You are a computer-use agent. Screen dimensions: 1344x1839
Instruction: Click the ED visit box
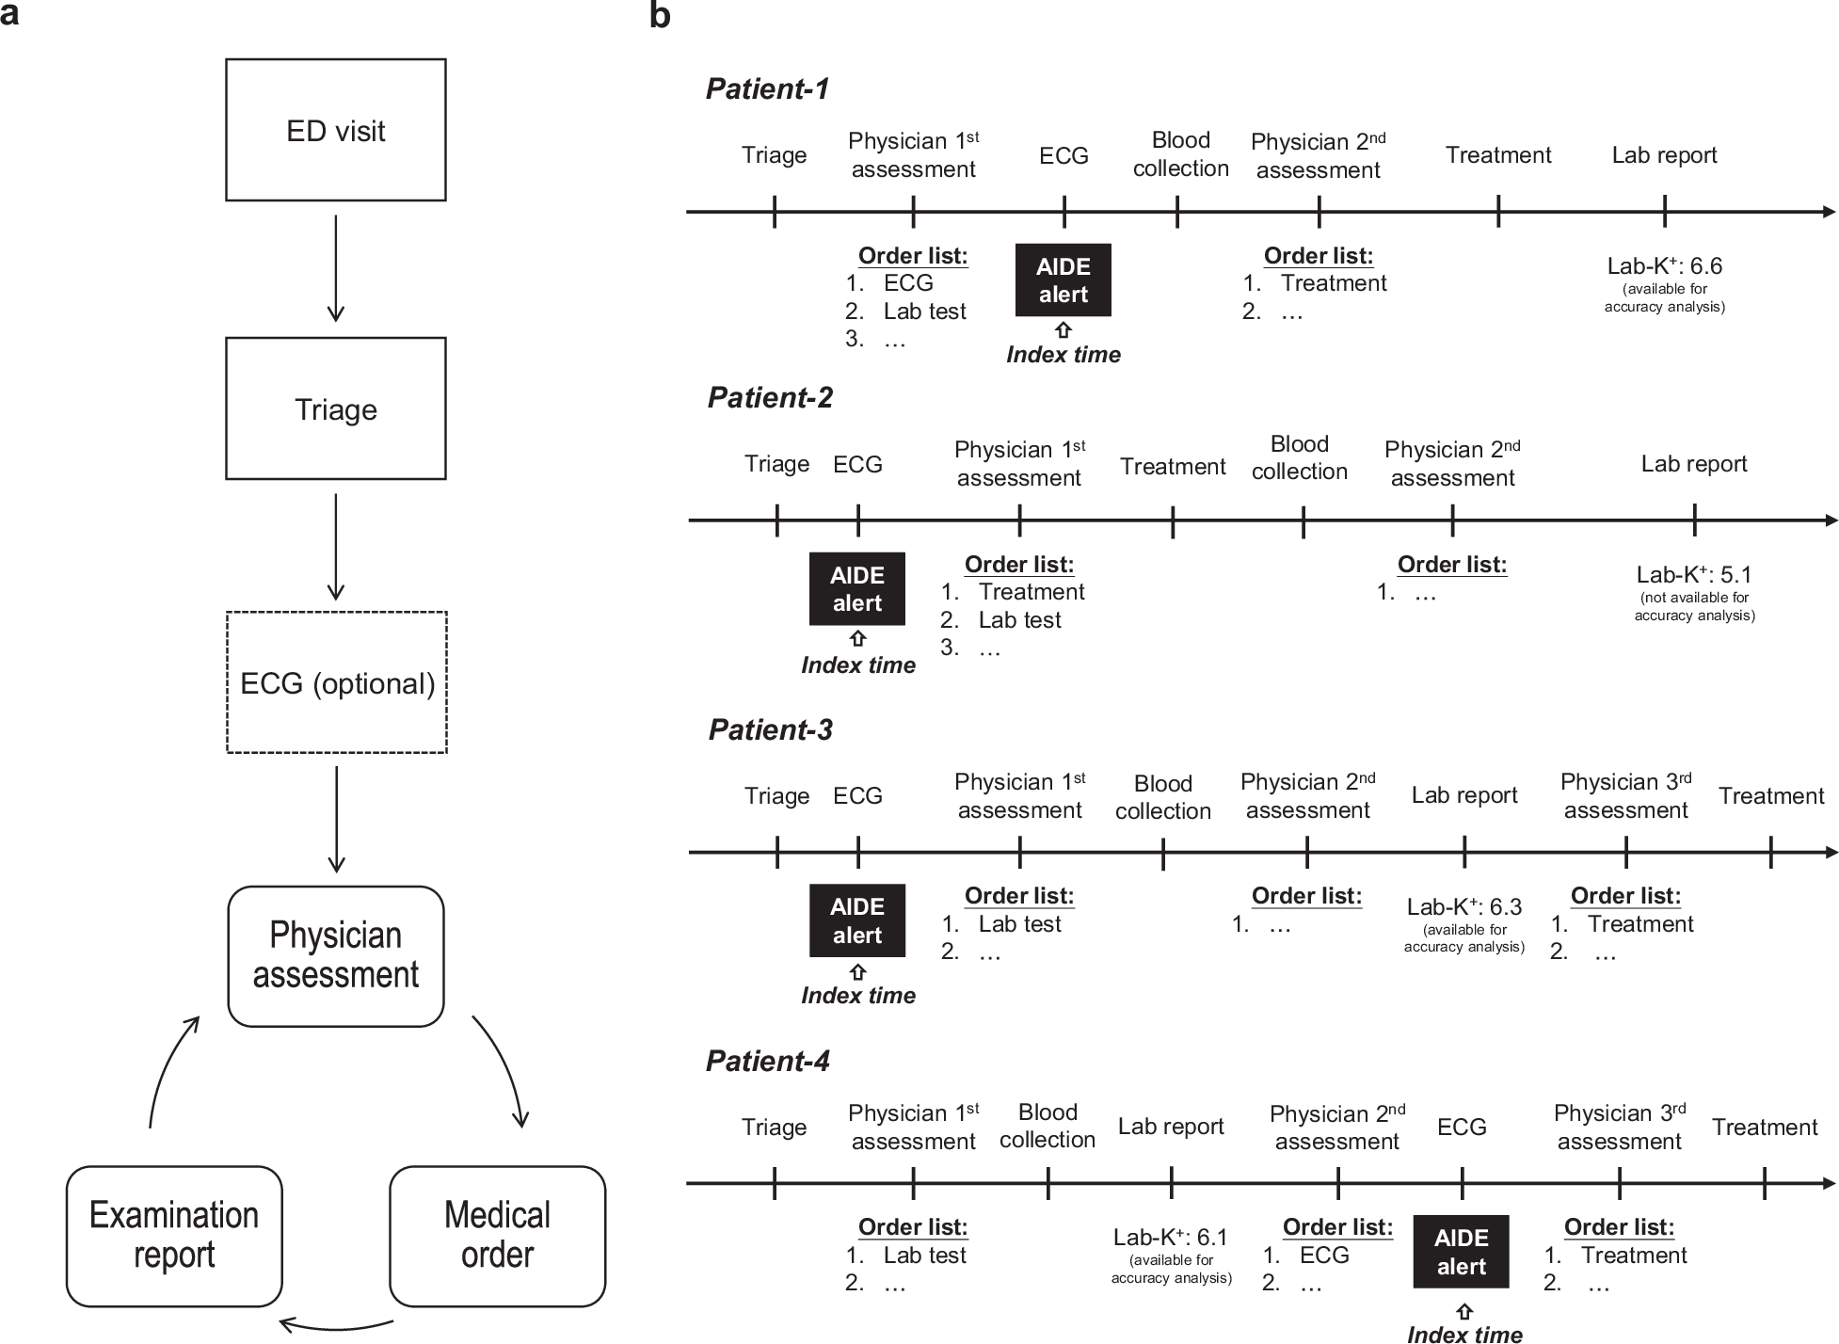[x=336, y=130]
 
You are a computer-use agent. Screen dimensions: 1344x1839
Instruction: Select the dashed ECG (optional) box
[x=337, y=682]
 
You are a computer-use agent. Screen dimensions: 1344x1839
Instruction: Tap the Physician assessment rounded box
[x=336, y=955]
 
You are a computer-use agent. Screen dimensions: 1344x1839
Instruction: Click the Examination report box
[x=174, y=1236]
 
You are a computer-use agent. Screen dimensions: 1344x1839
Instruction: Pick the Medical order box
[x=497, y=1236]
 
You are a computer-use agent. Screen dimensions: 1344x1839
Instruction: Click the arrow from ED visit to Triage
[x=336, y=268]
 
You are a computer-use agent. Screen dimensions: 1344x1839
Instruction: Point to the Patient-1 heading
[x=767, y=89]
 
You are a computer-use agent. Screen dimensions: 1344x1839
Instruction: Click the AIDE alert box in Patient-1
[x=1063, y=280]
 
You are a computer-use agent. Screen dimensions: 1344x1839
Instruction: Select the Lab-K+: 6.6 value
[x=1664, y=266]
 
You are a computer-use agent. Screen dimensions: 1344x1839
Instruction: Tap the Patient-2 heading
[x=770, y=398]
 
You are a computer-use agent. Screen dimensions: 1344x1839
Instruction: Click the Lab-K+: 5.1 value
[x=1694, y=575]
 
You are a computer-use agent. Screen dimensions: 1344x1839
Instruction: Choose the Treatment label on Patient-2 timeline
[x=1173, y=467]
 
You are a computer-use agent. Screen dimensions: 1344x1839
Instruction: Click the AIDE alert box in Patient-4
[x=1461, y=1252]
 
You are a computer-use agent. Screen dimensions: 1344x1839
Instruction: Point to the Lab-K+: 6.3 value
[x=1464, y=907]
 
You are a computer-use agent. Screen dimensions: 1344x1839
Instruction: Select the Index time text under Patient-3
[x=857, y=996]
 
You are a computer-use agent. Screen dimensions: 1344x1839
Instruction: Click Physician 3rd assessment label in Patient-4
[x=1619, y=1128]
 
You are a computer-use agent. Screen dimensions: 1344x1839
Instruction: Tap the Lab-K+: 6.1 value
[x=1171, y=1238]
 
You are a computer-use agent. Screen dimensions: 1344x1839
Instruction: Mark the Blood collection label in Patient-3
[x=1163, y=797]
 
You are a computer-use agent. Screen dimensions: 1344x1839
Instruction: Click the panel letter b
[x=660, y=16]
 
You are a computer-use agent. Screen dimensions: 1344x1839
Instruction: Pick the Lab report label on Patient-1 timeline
[x=1664, y=155]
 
